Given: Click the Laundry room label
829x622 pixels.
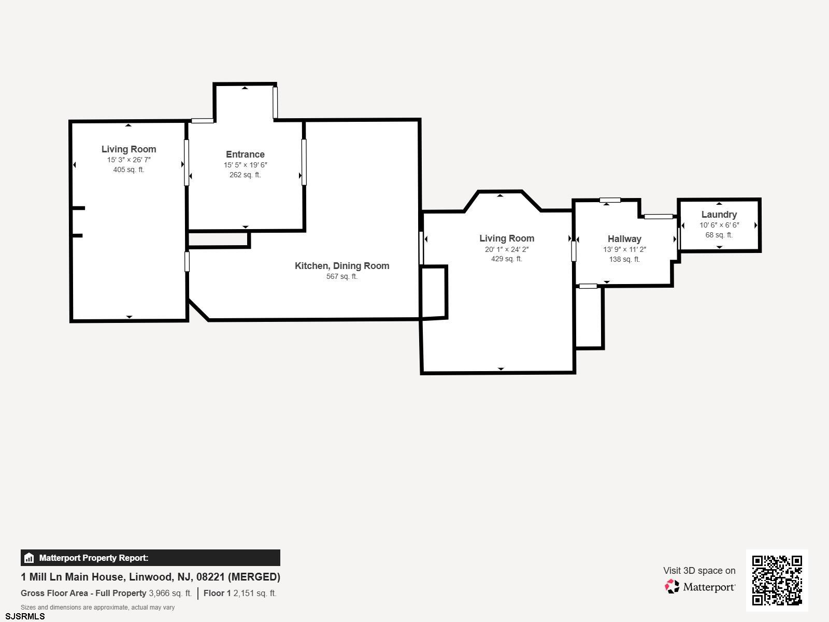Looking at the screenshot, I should tap(719, 215).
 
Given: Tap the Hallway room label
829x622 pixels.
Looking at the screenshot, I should tap(624, 239).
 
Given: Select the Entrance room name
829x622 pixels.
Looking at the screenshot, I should tap(245, 154).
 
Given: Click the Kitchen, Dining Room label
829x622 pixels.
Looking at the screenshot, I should tap(342, 266).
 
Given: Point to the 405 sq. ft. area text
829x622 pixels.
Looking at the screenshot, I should tap(128, 169).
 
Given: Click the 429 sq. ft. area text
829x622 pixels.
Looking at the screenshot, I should tap(506, 259).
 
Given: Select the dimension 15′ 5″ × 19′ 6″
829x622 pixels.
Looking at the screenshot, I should tap(245, 165).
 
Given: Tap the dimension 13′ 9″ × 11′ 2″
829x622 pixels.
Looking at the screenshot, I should tap(624, 249).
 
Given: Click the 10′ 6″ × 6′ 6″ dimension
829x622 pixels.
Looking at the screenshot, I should tap(719, 225).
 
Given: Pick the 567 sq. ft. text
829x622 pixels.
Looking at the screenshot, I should tap(342, 276).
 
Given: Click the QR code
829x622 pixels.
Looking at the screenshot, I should tap(777, 580).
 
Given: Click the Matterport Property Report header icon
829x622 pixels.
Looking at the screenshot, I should tap(29, 558).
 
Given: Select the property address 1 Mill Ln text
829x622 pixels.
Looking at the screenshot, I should tap(150, 577).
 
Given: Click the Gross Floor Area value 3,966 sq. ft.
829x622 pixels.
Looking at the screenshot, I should tap(170, 593).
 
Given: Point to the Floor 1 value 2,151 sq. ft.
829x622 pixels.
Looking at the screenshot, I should tap(254, 593).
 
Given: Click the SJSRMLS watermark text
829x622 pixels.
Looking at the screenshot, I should tap(25, 616).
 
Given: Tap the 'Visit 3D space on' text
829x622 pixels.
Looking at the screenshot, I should tap(699, 571).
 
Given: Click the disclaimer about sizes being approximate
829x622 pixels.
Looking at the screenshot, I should tap(97, 607).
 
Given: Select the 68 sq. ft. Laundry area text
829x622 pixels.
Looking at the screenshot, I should tap(719, 235).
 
